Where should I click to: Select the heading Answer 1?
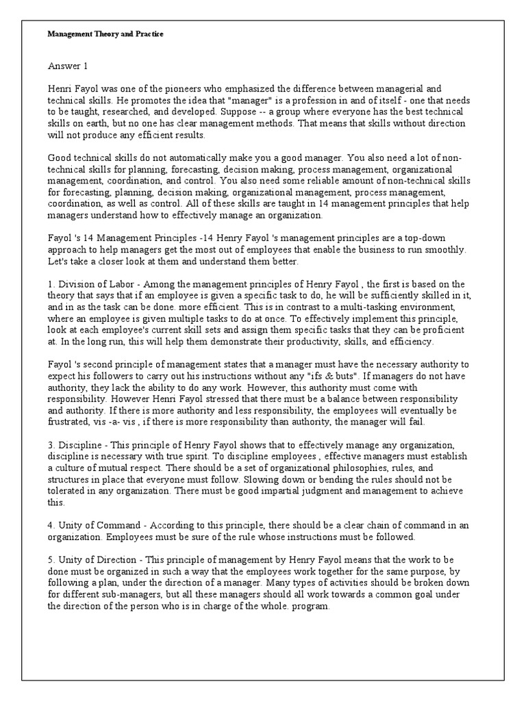[68, 67]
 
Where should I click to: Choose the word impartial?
[262, 492]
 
